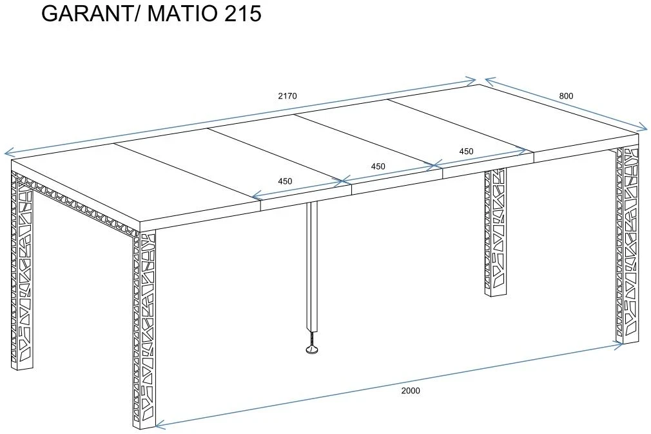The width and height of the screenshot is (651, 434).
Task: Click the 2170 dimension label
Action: click(x=287, y=96)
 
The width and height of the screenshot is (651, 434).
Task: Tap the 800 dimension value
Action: click(x=566, y=96)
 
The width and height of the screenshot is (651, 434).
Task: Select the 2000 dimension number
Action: click(x=411, y=390)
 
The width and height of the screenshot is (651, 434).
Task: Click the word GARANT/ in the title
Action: click(x=92, y=14)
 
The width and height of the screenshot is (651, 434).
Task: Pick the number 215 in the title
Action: click(x=243, y=14)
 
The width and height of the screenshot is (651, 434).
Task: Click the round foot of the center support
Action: click(x=312, y=351)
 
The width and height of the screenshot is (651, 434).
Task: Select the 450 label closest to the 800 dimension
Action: click(x=466, y=152)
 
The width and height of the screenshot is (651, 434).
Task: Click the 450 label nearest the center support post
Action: click(x=286, y=181)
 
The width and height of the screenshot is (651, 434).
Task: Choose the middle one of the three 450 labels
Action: click(x=378, y=166)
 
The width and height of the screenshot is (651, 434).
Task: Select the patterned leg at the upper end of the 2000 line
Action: click(x=627, y=245)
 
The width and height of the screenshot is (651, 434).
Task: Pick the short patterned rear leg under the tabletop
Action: click(x=496, y=233)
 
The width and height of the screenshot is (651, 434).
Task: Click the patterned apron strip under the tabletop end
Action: click(x=75, y=204)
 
